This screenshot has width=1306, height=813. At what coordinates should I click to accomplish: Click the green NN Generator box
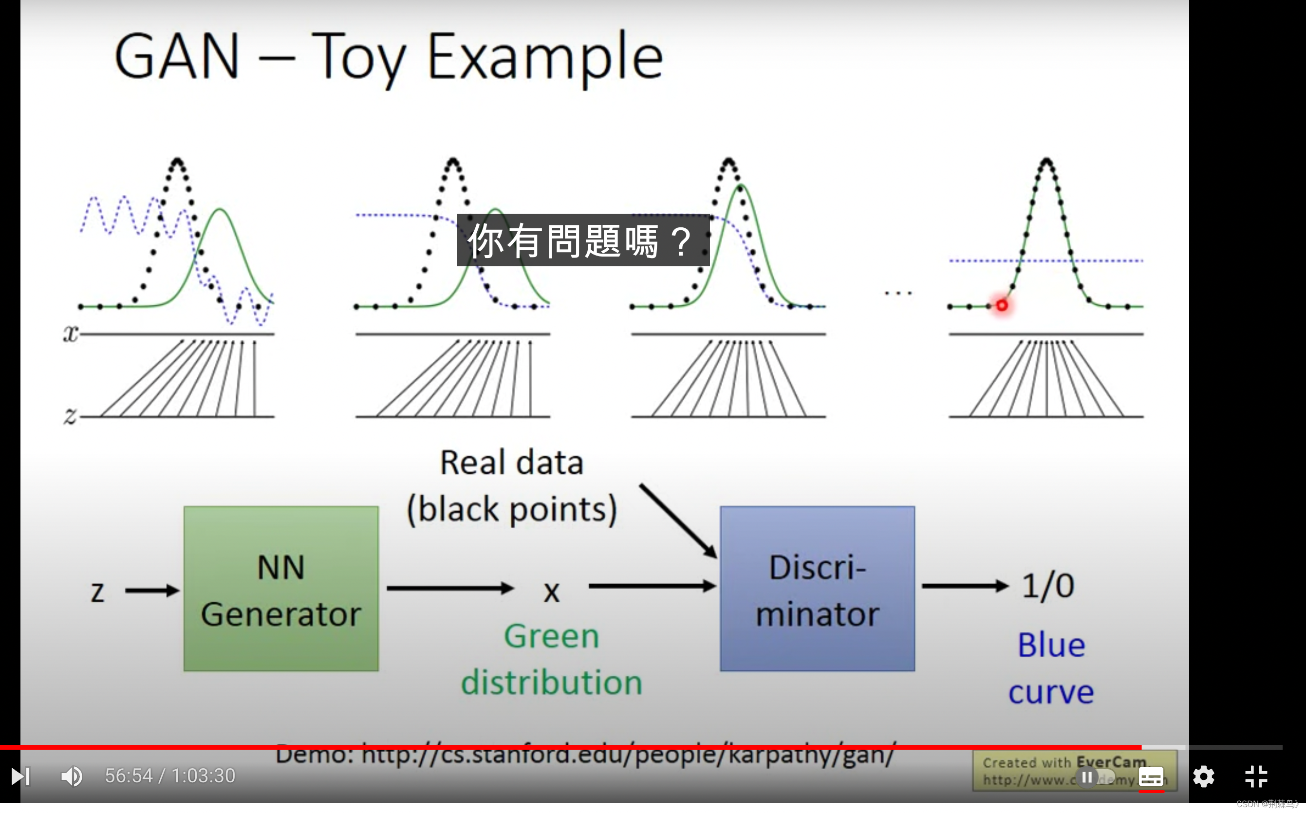click(280, 588)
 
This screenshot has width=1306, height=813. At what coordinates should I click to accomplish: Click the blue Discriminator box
click(817, 588)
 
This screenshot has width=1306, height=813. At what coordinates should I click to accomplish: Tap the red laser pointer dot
click(1002, 305)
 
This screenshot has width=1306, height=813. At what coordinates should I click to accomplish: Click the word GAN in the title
click(176, 57)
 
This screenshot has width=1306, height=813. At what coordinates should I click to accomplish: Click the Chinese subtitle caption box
click(583, 240)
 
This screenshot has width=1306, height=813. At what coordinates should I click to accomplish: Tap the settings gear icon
click(1203, 776)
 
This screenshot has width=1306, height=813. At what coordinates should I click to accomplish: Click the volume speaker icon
click(71, 776)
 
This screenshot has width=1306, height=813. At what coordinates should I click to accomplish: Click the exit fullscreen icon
click(1256, 776)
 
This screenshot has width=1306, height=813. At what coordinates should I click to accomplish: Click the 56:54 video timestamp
click(129, 776)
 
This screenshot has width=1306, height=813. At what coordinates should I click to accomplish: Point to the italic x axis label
click(71, 334)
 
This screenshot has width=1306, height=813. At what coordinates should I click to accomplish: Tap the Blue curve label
click(1051, 668)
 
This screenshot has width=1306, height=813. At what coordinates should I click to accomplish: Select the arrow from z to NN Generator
click(151, 591)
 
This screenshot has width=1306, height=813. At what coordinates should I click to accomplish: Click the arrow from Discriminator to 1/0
click(965, 586)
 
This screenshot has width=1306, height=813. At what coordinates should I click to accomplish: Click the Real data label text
click(511, 463)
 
